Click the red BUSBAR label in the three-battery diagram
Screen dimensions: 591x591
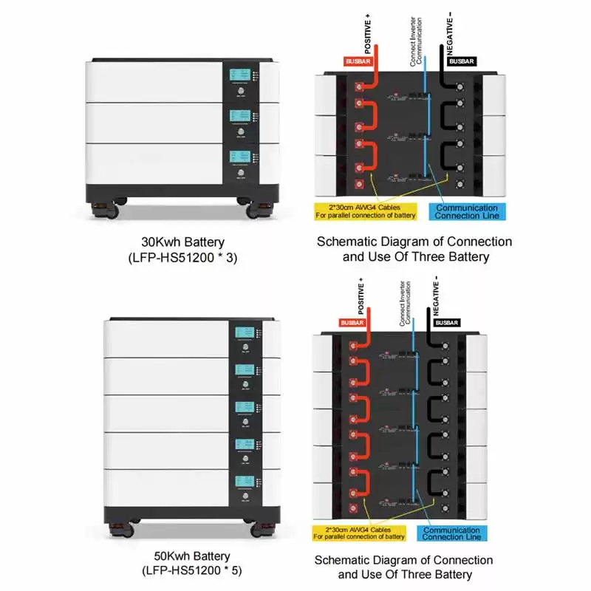356,62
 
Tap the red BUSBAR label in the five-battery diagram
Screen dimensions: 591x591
352,323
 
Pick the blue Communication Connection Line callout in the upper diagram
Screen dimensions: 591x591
466,211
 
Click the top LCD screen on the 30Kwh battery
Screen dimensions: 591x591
240,76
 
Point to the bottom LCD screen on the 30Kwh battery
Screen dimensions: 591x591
240,157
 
